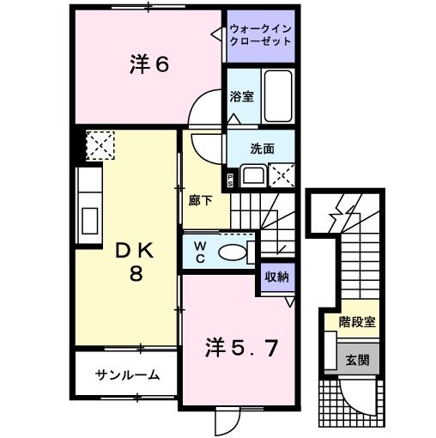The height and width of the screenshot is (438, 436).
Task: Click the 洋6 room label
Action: pos(148,66)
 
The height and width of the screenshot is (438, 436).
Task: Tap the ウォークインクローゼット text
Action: pos(261,36)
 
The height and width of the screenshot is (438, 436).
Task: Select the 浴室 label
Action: pos(241,97)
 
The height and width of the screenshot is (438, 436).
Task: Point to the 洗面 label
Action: pos(262,148)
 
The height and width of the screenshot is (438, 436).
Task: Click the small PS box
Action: pos(230,180)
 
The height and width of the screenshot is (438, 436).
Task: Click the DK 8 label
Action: pos(136,262)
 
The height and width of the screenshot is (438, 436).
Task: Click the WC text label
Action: pos(199,252)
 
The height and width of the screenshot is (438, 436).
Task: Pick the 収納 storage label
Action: pos(276,277)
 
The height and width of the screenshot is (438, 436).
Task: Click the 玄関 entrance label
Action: pos(357,360)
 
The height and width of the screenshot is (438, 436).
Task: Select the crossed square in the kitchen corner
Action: pos(100,145)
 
